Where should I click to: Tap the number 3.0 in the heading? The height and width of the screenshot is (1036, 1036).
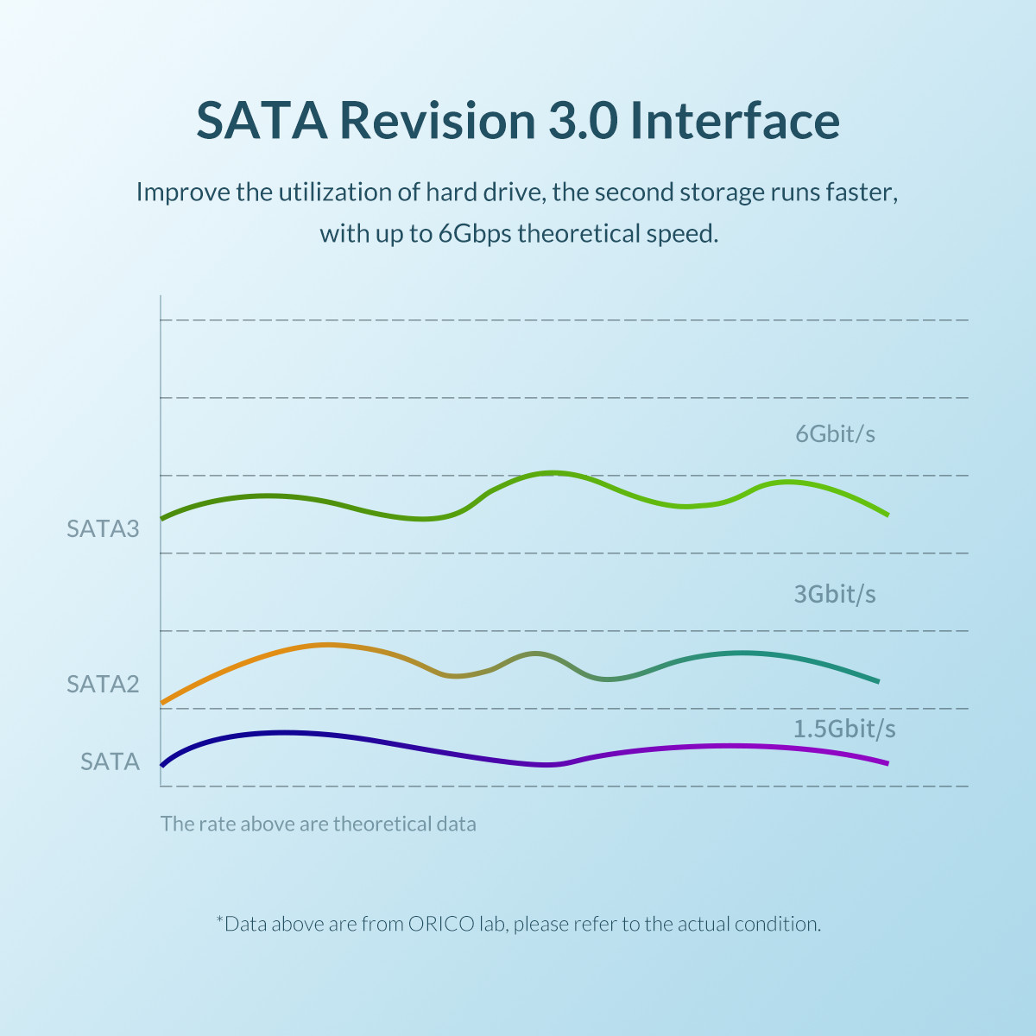click(x=584, y=120)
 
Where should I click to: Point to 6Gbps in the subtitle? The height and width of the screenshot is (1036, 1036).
click(x=474, y=234)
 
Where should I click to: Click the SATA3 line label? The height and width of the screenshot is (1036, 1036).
click(x=103, y=528)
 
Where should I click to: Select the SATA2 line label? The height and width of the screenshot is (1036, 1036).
click(x=103, y=684)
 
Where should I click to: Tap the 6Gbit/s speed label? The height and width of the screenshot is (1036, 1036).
click(x=835, y=433)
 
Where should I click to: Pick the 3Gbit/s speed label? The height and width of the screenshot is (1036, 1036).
click(x=835, y=594)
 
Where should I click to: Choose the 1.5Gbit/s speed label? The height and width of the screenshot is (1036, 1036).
click(x=844, y=729)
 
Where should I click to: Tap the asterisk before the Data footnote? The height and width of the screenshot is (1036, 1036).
click(x=219, y=920)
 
